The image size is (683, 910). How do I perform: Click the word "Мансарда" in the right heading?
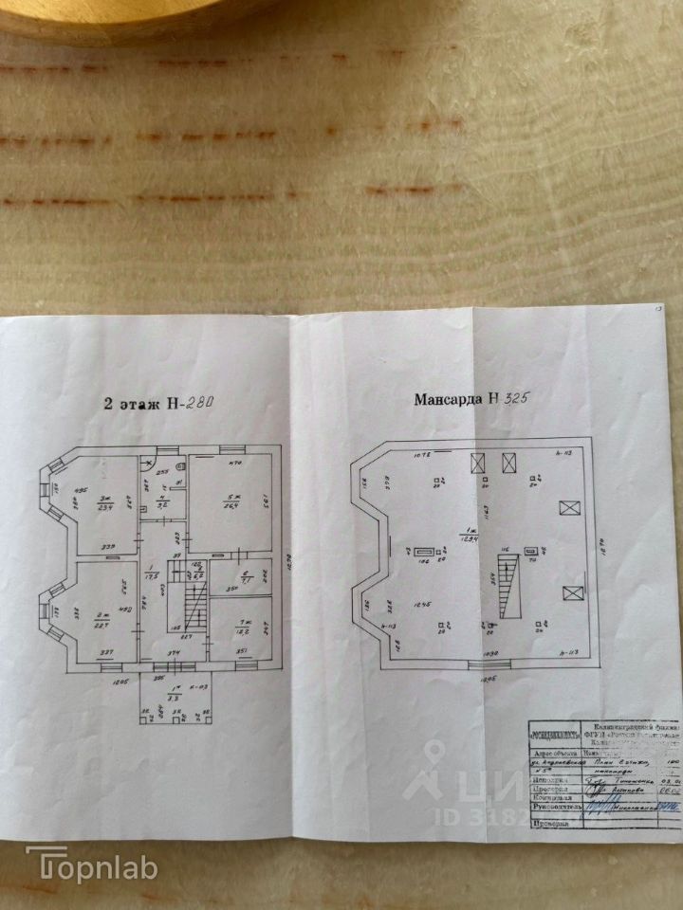click(x=448, y=400)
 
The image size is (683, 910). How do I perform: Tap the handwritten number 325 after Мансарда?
click(x=510, y=399)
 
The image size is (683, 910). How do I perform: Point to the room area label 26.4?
click(x=229, y=504)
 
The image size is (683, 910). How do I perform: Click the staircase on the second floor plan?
click(x=195, y=601)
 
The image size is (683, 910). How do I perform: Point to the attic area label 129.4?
click(x=467, y=537)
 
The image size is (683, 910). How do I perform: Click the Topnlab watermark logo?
click(x=91, y=864)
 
